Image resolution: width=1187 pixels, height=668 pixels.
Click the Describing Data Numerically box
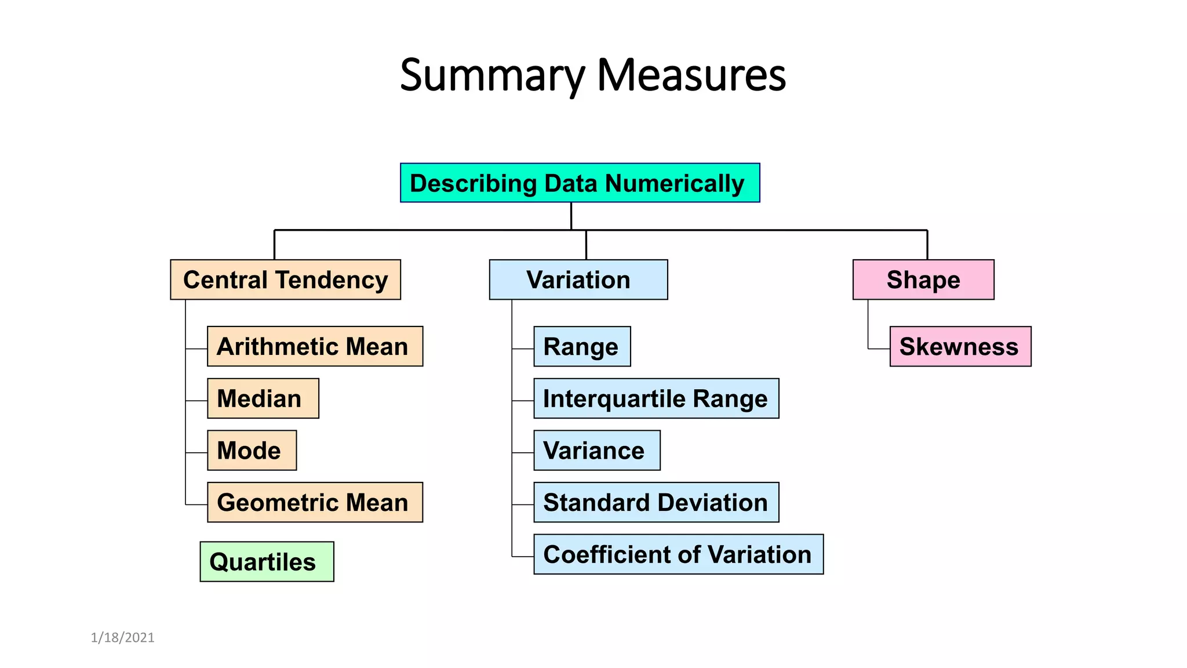click(580, 183)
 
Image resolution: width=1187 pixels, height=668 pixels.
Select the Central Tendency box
click(285, 279)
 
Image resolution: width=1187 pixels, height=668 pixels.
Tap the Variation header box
click(578, 279)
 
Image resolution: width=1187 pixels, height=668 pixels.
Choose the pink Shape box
click(923, 279)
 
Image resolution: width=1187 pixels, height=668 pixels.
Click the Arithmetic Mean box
click(315, 346)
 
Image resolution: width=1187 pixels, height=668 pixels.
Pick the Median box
click(263, 398)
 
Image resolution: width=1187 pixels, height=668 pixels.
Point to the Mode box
click(252, 450)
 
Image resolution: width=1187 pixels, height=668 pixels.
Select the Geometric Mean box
click(315, 502)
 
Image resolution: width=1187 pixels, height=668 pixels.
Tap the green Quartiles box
click(267, 561)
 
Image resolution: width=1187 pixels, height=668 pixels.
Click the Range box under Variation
click(582, 346)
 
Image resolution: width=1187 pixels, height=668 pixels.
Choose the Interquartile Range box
click(656, 398)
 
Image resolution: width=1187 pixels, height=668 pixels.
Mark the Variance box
click(596, 450)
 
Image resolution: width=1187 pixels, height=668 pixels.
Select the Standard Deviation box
click(656, 502)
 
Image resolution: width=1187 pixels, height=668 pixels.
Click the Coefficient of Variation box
click(678, 554)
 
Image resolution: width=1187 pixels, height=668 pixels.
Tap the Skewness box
click(960, 346)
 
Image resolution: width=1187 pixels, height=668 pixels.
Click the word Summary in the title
click(493, 75)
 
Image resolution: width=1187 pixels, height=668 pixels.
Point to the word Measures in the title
click(691, 75)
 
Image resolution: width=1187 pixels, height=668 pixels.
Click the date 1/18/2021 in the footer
click(123, 638)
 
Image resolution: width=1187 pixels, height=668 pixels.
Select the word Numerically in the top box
click(675, 183)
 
